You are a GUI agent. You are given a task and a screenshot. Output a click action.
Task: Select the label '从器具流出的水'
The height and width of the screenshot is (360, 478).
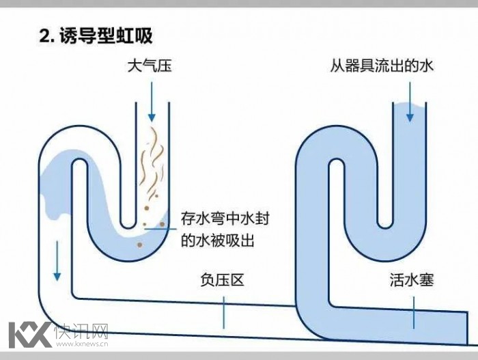click(381, 66)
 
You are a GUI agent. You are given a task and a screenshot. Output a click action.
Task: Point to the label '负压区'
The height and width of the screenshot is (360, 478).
click(222, 280)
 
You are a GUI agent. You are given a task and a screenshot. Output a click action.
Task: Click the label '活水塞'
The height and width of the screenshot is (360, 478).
click(412, 280)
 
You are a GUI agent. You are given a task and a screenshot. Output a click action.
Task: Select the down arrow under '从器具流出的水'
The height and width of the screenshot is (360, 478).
click(409, 101)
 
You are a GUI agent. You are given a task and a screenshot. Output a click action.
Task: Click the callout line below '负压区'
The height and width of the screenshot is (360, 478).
click(223, 314)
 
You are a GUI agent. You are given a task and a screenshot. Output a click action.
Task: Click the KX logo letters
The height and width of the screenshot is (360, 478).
click(29, 333)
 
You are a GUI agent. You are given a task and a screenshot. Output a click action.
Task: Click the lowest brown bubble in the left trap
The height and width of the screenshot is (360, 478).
click(139, 243)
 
